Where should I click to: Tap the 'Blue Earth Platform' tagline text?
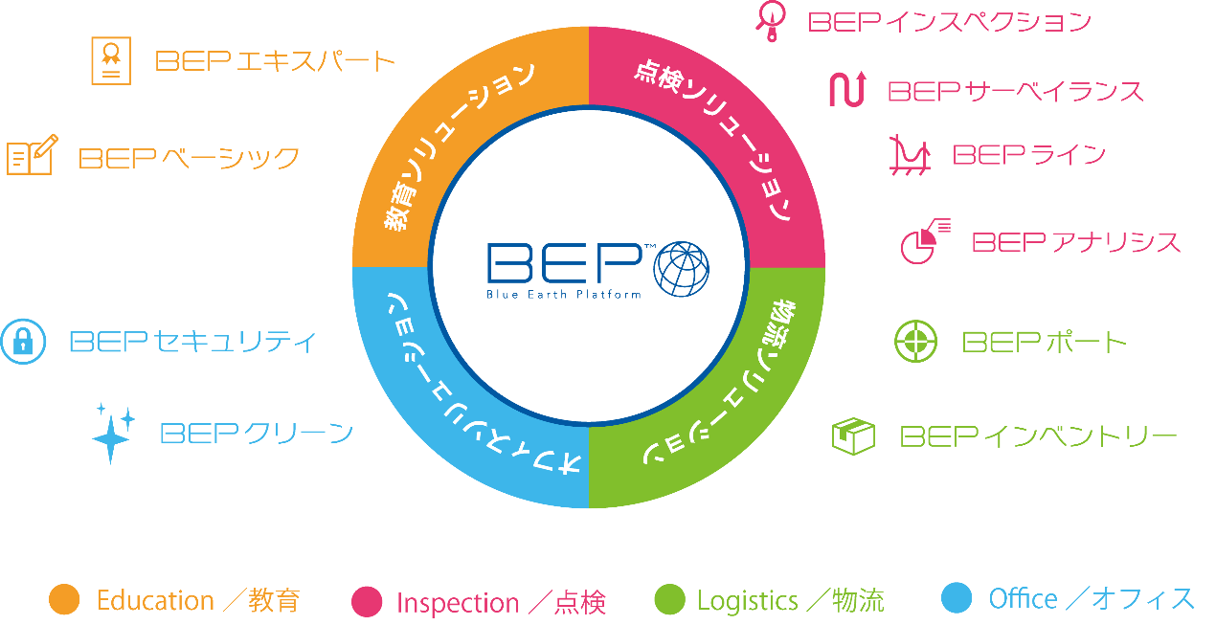tap(563, 294)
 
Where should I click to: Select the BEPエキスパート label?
tap(275, 62)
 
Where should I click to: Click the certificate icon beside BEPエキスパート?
tap(111, 60)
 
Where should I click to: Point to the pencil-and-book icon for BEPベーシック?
tap(32, 155)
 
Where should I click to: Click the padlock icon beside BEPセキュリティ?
tap(23, 341)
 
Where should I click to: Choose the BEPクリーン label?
tap(257, 434)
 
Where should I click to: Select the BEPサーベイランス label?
tap(1015, 91)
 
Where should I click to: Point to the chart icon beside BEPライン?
tap(909, 155)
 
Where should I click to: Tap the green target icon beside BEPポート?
tap(915, 342)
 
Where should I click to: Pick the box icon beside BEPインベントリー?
tap(853, 436)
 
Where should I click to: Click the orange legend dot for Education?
tap(64, 599)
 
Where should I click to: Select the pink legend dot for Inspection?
tap(367, 601)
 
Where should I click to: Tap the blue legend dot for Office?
tap(956, 598)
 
